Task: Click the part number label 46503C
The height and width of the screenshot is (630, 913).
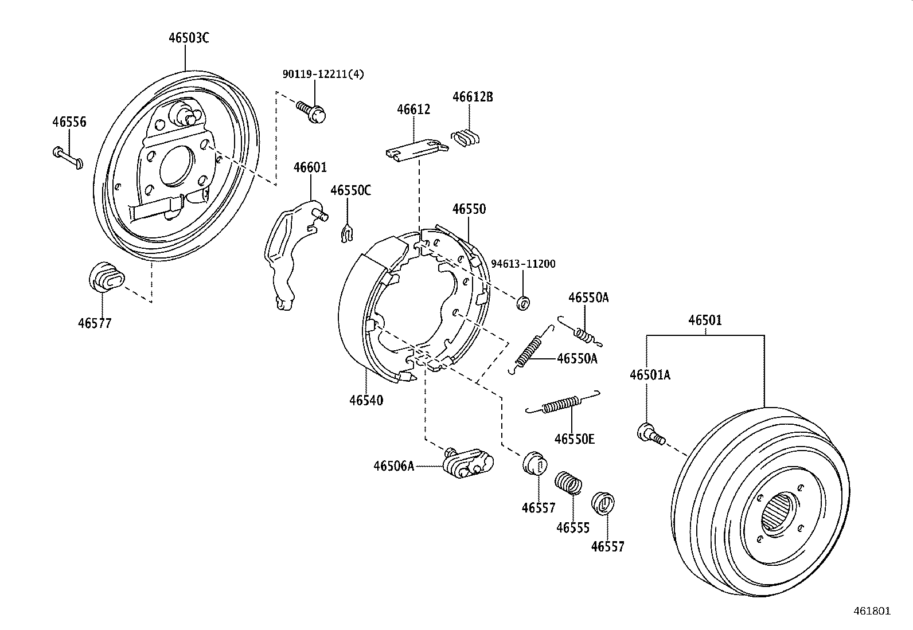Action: click(x=189, y=38)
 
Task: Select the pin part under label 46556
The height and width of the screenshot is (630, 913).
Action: click(x=68, y=158)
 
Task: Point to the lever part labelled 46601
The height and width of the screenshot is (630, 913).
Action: click(x=287, y=252)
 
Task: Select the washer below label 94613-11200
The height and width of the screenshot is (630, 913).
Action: click(x=522, y=303)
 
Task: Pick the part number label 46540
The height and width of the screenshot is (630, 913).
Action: click(x=366, y=400)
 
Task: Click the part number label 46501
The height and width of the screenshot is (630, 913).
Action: click(x=705, y=320)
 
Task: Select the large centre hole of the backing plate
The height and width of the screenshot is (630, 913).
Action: click(x=175, y=166)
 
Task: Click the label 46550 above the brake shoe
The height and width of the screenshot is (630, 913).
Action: click(x=469, y=209)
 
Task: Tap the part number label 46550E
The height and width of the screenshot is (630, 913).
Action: click(x=574, y=439)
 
